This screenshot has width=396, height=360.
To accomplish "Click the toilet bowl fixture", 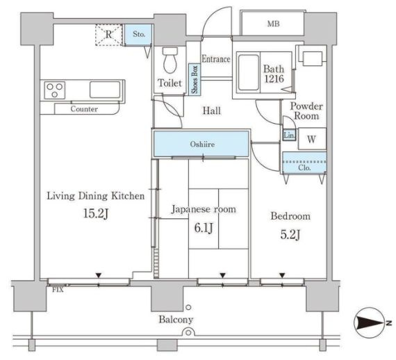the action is click(x=170, y=60).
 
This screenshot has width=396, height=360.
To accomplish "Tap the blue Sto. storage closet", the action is click(x=138, y=35).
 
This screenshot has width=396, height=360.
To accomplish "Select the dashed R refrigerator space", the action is click(x=109, y=35).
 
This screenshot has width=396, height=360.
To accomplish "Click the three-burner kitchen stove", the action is click(x=55, y=90).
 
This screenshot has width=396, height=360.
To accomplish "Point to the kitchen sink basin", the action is click(x=105, y=90).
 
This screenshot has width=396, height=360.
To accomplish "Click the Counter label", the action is click(x=84, y=109).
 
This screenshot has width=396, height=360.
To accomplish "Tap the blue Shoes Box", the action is click(x=195, y=80).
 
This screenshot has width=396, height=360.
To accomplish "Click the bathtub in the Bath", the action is click(x=249, y=72).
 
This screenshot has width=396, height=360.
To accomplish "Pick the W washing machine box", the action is click(x=312, y=139).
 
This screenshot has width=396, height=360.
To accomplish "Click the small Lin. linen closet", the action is click(x=289, y=136).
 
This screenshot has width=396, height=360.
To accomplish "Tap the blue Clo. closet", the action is click(x=304, y=163).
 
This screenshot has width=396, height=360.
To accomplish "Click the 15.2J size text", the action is click(x=96, y=214).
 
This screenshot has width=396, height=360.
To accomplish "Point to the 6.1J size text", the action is click(x=204, y=228).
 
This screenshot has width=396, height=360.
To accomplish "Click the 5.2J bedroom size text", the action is click(x=290, y=235).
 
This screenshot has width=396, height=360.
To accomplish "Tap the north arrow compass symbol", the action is click(x=371, y=322).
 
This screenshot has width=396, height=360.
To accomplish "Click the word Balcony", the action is click(x=176, y=320).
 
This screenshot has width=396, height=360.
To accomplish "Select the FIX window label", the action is click(x=58, y=290).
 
